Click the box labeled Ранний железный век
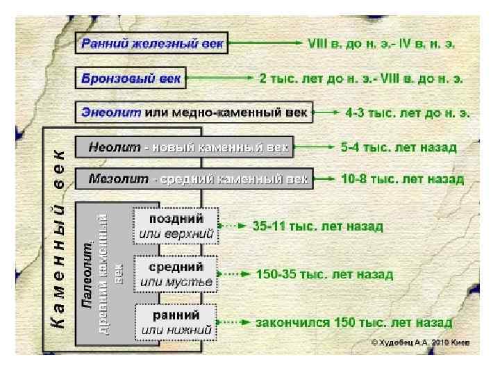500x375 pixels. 152,44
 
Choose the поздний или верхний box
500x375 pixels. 176,226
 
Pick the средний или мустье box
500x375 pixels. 176,274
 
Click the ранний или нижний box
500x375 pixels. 176,322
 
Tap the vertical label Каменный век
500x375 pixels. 60,236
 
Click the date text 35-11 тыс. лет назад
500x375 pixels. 319,226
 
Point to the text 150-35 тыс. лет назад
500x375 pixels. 324,274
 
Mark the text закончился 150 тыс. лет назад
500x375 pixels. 354,323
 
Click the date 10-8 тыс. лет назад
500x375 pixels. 402,179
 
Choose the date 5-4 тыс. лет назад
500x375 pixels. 399,148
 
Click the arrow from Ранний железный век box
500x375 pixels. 265,43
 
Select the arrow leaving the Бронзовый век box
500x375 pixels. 219,78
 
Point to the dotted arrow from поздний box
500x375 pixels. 233,226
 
